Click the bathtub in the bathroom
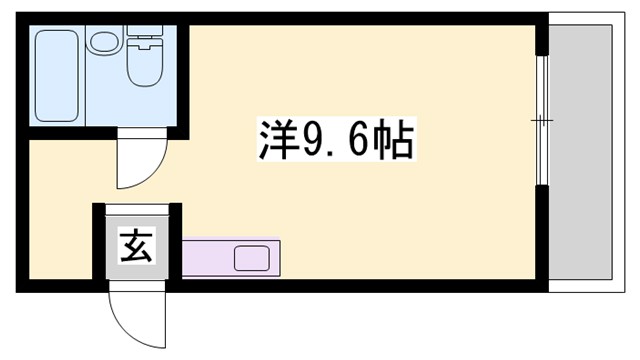pos(57,76)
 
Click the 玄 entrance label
pos(137,244)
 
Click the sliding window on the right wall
pos(541,120)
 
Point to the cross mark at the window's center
pos(541,120)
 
